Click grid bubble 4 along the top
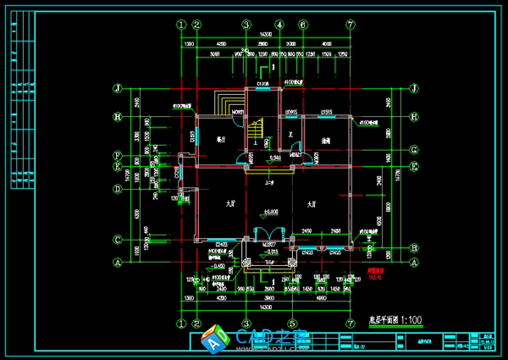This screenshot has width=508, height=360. click(279, 25)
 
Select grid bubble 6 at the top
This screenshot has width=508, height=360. click(302, 25)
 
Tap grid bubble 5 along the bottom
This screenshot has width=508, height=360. click(291, 323)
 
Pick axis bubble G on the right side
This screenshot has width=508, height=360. click(414, 151)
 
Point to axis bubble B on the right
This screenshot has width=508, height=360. click(414, 248)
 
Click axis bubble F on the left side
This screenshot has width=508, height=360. click(119, 156)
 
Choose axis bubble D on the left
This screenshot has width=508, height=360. click(119, 189)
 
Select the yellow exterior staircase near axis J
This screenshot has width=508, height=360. click(227, 103)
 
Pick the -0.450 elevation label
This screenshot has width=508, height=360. click(218, 265)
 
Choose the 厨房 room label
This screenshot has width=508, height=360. click(324, 140)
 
